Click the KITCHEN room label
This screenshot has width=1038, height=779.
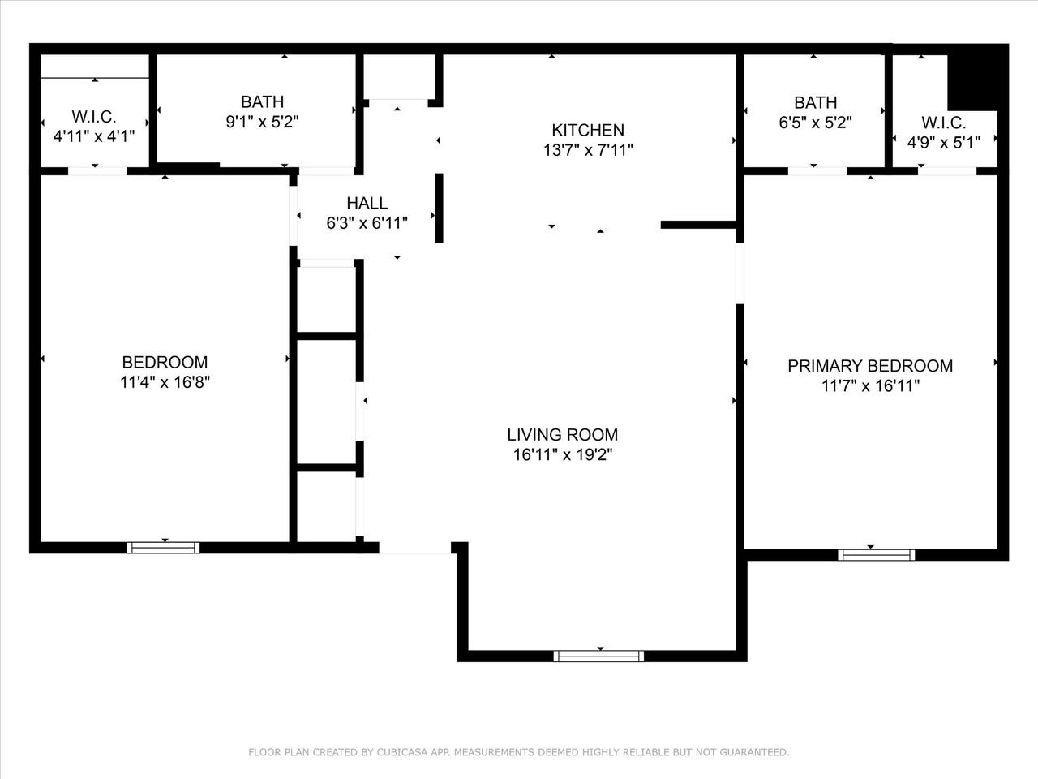[x=588, y=130]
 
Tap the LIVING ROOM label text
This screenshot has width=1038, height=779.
[x=562, y=435]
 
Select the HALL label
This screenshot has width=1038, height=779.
[x=367, y=203]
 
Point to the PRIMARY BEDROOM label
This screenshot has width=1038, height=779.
[x=870, y=366]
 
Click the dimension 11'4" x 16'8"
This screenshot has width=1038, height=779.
[x=165, y=382]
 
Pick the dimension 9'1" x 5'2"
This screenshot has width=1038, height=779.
[x=263, y=122]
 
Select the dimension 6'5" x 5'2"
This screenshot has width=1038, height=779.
[x=815, y=123]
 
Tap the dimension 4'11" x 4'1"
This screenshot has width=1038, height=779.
[x=94, y=136]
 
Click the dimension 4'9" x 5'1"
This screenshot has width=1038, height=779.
[x=944, y=142]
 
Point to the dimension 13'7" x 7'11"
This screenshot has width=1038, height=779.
[x=588, y=150]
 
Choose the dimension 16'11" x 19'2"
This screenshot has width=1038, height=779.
[x=563, y=455]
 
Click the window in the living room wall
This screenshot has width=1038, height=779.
[x=598, y=656]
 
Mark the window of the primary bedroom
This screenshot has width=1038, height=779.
[x=877, y=555]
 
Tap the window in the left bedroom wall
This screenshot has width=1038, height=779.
[x=163, y=548]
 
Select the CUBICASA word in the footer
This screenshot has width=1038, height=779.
[x=403, y=752]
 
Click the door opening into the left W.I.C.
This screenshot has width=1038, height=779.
[x=97, y=171]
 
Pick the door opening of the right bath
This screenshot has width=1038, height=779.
[x=817, y=171]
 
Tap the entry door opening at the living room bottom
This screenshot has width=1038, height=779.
[x=415, y=549]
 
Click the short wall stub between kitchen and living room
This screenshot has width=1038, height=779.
[x=698, y=225]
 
